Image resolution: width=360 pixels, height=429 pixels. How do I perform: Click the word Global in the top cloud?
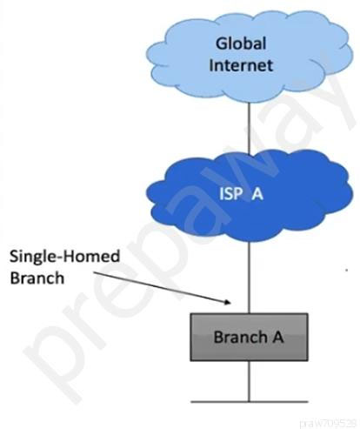241,44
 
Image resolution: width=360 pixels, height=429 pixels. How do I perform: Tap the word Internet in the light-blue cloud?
241,65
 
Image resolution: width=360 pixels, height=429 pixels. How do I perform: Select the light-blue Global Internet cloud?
250,57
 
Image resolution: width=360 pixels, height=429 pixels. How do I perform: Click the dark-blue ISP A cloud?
250,195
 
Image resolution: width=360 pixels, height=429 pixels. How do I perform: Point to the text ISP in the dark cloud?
230,194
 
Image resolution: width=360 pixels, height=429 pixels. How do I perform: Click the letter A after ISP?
257,194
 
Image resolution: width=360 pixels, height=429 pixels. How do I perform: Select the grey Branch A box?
249,337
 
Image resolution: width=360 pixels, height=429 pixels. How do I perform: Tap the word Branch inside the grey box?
241,337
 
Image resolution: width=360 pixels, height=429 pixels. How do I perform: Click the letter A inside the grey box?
277,337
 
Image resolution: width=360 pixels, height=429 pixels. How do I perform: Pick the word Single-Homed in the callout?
64,257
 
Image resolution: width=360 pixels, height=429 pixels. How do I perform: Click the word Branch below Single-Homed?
37,278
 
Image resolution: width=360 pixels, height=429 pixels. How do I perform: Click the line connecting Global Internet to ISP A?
249,127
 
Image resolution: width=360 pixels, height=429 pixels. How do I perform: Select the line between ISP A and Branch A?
249,277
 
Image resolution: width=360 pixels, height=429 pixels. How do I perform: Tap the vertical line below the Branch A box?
249,381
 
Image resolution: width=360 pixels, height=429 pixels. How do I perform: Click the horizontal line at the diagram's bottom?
250,402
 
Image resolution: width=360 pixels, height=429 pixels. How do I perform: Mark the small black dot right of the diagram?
346,270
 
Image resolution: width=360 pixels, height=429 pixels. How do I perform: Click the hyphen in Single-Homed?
59,258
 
